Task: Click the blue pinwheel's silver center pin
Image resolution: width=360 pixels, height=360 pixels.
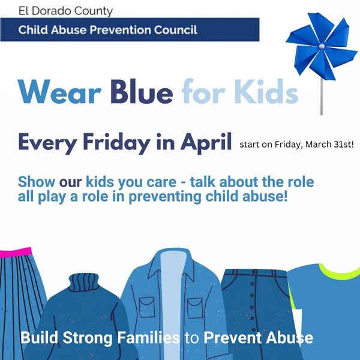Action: [322, 46]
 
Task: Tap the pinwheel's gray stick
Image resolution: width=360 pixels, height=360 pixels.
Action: [322, 96]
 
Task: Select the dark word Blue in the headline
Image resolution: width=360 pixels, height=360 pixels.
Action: [140, 93]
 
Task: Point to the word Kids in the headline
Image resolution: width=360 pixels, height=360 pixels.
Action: [265, 93]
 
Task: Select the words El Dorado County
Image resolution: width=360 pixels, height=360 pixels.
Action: [57, 11]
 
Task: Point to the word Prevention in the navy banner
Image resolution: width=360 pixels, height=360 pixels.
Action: [122, 29]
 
